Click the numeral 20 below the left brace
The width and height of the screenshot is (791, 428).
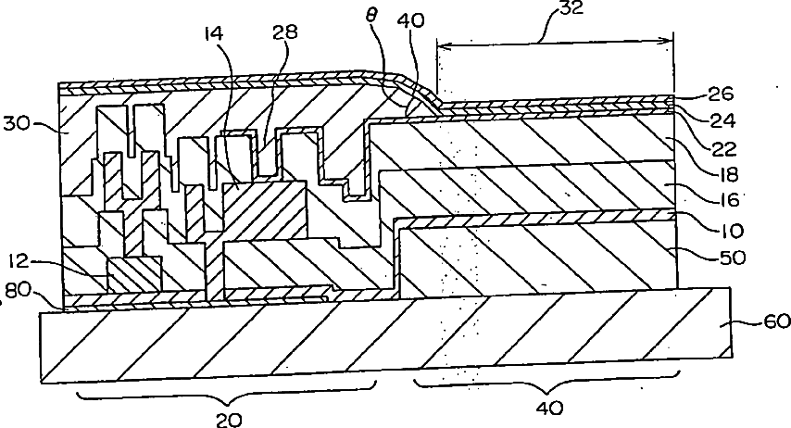228,419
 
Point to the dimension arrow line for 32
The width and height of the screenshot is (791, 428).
556,40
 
